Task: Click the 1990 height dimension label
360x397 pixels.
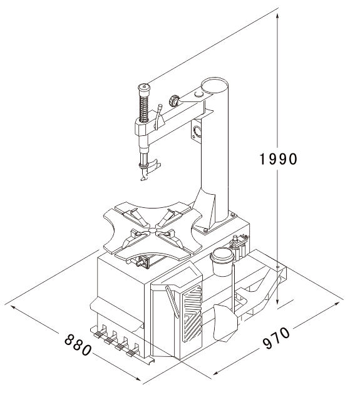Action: (x=278, y=159)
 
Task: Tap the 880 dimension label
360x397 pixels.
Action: (x=78, y=344)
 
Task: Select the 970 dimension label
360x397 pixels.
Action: (x=276, y=338)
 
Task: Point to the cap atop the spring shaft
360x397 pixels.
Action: (x=144, y=89)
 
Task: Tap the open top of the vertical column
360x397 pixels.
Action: (x=214, y=85)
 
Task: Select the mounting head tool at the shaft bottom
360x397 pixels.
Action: (x=150, y=168)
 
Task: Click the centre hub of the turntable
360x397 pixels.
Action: (x=153, y=230)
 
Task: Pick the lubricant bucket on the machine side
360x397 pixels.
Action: (x=222, y=262)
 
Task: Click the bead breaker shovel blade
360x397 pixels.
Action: (x=225, y=322)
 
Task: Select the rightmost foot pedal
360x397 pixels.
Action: (x=131, y=353)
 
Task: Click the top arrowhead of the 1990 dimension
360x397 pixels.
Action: (x=278, y=17)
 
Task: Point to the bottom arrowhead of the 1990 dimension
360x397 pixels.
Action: (x=278, y=301)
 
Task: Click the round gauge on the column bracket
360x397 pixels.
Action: (x=197, y=131)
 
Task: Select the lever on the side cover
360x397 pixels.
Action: (x=172, y=301)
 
